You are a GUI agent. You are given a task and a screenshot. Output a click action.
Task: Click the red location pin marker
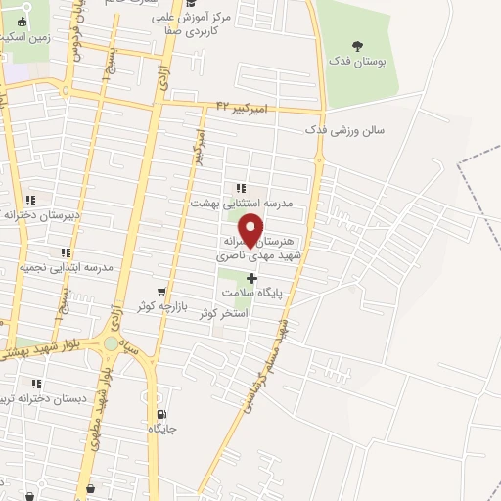point(251,228)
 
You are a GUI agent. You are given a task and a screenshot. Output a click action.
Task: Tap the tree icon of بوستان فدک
point(356,44)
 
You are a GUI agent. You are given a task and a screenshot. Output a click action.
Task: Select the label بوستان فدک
point(356,62)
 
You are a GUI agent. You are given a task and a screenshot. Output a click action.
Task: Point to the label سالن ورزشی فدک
point(345,129)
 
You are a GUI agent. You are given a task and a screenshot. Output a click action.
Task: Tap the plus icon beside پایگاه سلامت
point(251,278)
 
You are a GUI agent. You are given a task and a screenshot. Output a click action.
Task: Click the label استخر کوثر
point(226,313)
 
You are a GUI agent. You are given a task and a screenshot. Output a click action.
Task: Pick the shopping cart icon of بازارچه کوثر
point(161,292)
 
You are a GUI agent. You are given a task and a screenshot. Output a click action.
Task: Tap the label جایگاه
point(161,429)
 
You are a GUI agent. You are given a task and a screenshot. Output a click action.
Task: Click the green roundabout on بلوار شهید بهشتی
point(112,343)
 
